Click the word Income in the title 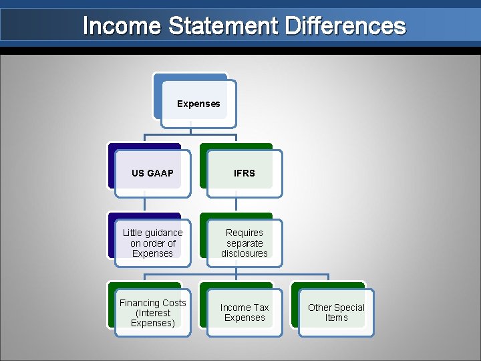(122, 26)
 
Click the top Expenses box (198, 104)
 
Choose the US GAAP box (152, 173)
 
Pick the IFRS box (244, 173)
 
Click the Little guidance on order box (152, 243)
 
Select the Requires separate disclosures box (244, 243)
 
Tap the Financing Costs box (152, 313)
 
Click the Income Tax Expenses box (244, 312)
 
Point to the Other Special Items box (336, 312)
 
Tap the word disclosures (245, 253)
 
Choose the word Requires (245, 233)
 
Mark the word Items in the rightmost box (336, 318)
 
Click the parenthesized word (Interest (153, 313)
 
